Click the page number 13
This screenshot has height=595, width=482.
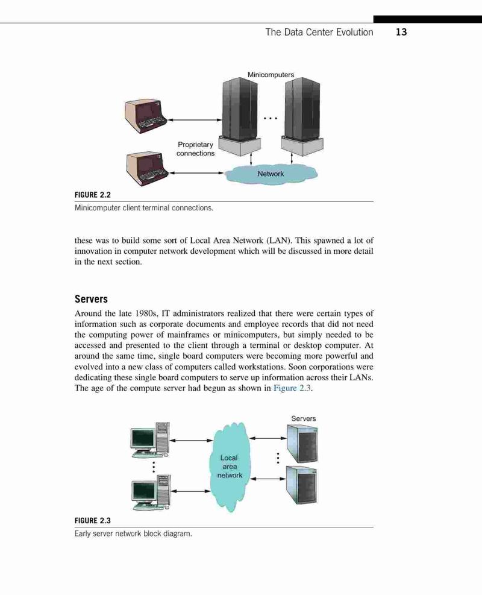401,33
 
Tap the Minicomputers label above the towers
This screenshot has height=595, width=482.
271,75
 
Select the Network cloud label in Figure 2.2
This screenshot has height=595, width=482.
271,174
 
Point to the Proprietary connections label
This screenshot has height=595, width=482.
196,149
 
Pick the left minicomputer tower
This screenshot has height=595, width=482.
240,116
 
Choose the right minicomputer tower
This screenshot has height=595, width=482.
302,116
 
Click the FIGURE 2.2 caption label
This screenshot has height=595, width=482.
93,195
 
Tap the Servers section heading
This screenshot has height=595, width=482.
91,299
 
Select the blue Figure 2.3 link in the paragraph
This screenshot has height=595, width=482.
292,388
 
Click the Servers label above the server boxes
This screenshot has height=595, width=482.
304,418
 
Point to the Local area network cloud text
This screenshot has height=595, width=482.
230,467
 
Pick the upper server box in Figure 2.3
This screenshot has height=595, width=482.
302,443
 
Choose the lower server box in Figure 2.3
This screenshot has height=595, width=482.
301,485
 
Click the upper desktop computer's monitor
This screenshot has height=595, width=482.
143,439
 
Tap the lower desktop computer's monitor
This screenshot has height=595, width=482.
145,492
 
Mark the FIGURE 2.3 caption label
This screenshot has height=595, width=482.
93,521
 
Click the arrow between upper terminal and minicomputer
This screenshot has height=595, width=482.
195,120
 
